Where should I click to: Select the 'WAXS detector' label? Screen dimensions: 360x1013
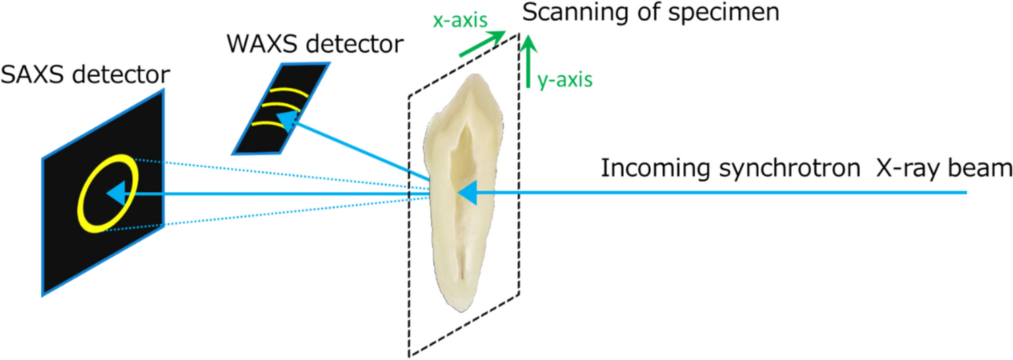coord(316,45)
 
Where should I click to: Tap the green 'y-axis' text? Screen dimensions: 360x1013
coord(565,80)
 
